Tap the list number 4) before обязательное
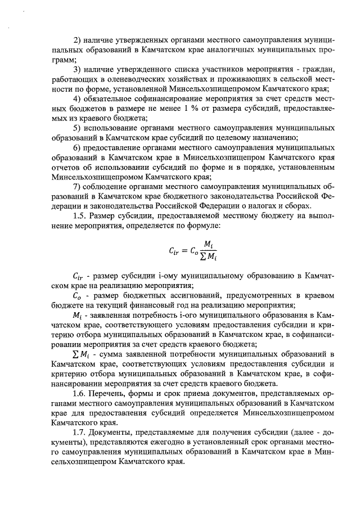78,100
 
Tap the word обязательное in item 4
113,100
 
